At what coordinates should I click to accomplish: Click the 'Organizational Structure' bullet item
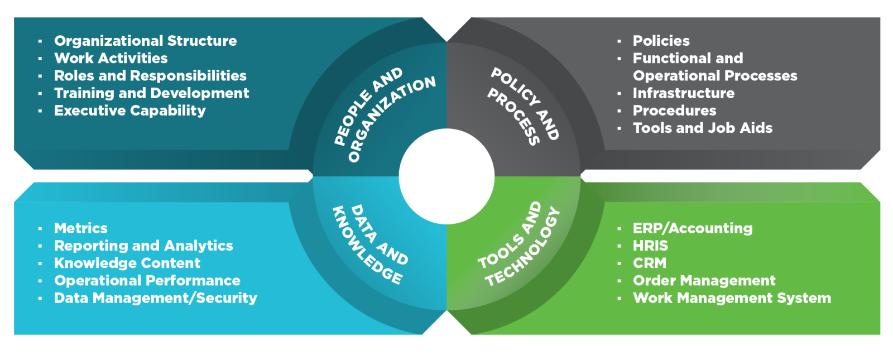click(145, 41)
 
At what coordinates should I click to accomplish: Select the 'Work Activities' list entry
click(111, 58)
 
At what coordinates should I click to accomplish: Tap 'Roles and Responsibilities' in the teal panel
click(150, 75)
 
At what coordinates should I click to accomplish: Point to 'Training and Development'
click(151, 93)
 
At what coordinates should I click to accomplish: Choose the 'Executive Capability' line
click(129, 111)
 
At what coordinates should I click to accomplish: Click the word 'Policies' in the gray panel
click(661, 41)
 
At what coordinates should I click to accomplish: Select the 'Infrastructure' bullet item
click(683, 93)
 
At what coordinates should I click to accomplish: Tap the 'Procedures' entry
click(674, 111)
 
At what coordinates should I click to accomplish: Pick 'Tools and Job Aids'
click(702, 128)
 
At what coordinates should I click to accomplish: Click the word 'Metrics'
click(81, 228)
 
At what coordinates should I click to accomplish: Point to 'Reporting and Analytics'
click(143, 246)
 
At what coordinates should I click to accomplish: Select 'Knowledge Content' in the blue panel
click(127, 263)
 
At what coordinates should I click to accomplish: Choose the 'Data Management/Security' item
click(155, 298)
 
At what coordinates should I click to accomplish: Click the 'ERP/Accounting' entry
click(692, 228)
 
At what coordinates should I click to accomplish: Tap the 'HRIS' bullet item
click(650, 246)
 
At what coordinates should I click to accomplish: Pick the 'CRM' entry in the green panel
click(649, 263)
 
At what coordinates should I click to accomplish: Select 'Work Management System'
click(731, 298)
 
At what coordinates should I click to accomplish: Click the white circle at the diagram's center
click(446, 176)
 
